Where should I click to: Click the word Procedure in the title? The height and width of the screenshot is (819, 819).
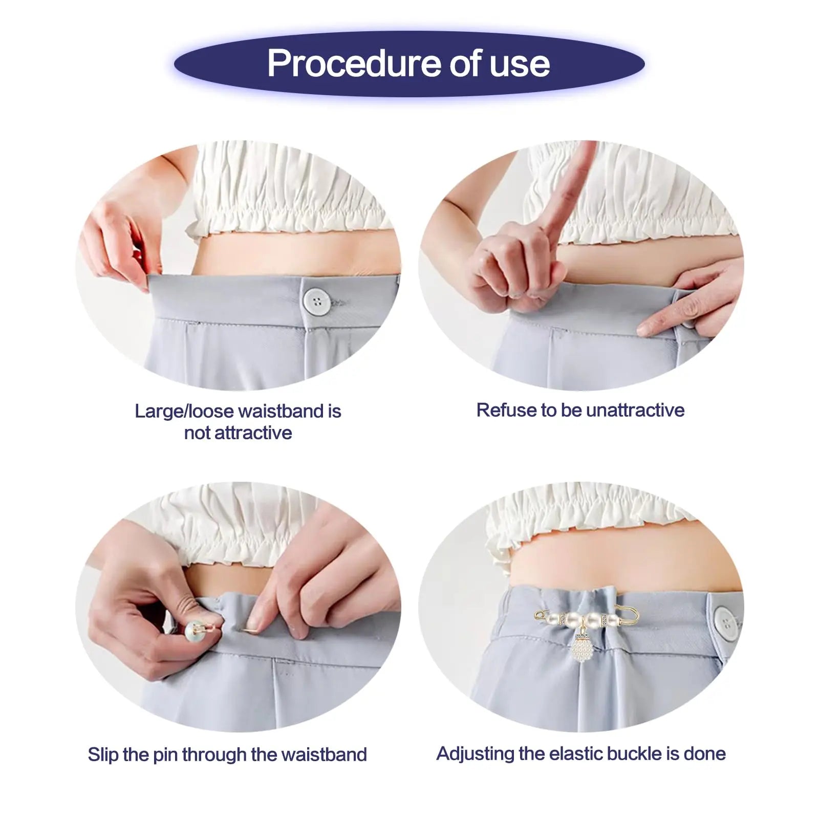[354, 63]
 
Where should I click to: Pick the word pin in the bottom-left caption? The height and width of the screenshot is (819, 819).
[165, 756]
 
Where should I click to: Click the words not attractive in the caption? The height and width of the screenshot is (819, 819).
[238, 433]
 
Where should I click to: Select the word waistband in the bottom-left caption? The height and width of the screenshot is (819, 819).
[324, 755]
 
